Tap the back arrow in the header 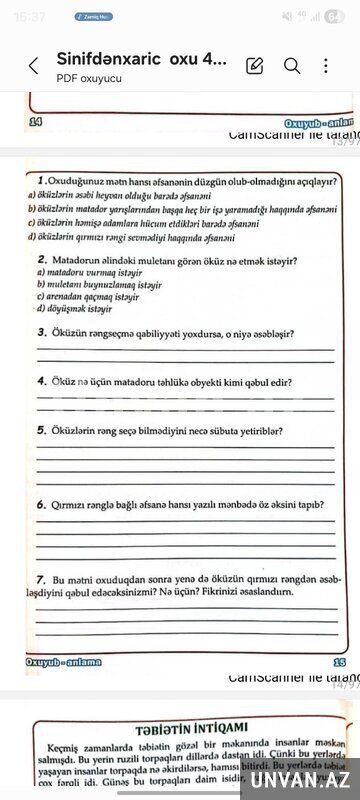(33, 66)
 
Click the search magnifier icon (292, 66)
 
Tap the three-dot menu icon (326, 66)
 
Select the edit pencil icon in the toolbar (255, 66)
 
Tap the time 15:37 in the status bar (31, 16)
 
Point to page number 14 (36, 121)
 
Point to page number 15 (339, 662)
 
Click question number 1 (38, 182)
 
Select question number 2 (41, 260)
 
